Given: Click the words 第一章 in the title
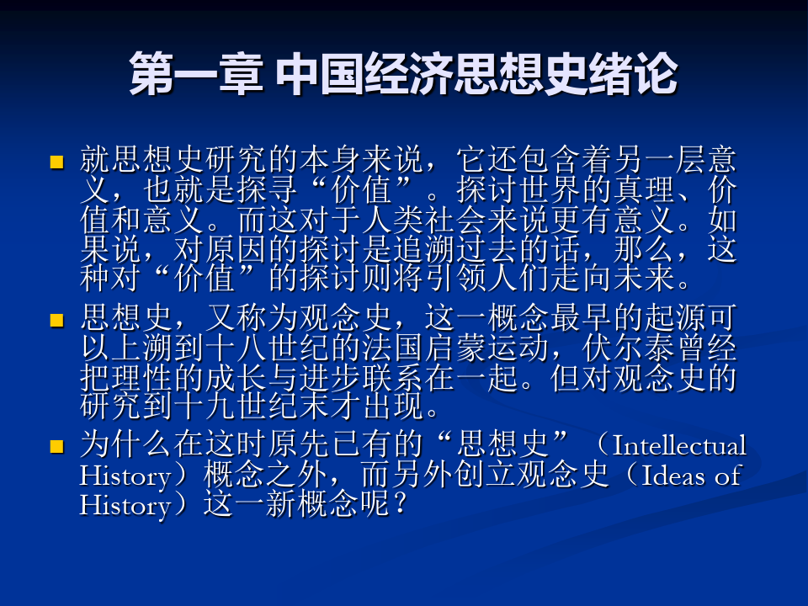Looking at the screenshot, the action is pyautogui.click(x=196, y=74).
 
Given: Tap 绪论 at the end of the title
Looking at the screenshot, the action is pyautogui.click(x=632, y=74).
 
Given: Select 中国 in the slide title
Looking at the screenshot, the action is pyautogui.click(x=320, y=74).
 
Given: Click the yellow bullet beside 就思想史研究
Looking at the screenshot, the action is pyautogui.click(x=56, y=162).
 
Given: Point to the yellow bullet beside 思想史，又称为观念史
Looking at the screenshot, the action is pyautogui.click(x=56, y=321).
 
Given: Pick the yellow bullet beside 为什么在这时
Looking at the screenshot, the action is pyautogui.click(x=56, y=446).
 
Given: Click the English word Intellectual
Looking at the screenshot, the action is pyautogui.click(x=679, y=445).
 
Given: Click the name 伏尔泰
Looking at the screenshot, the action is pyautogui.click(x=629, y=348).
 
